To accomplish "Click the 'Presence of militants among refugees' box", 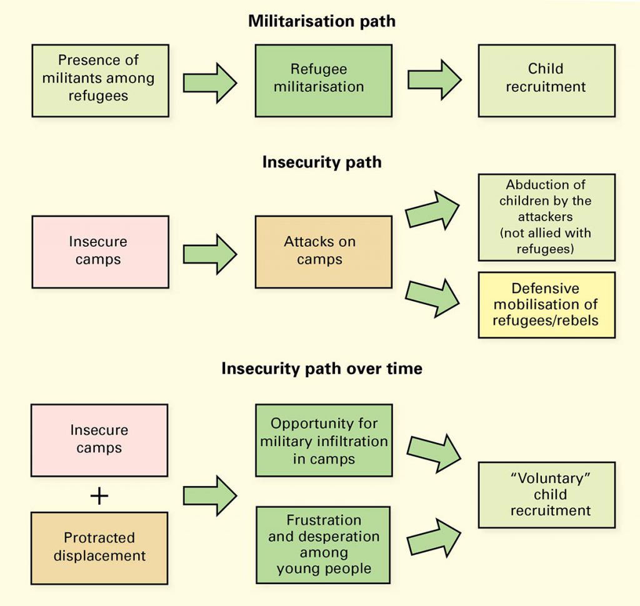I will click(100, 80).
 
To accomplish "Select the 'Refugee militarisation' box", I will click(323, 80).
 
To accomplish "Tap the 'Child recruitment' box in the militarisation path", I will click(546, 80).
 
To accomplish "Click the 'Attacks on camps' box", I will click(323, 251).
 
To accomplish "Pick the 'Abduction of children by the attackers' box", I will click(546, 217).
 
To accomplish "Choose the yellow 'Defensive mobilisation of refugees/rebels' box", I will click(546, 305).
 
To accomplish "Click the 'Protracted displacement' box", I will click(99, 547).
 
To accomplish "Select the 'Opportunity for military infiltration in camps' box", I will click(323, 441).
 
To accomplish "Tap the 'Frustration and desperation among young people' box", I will click(323, 545).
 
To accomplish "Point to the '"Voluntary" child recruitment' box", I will click(546, 494).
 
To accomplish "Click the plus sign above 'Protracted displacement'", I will click(99, 496).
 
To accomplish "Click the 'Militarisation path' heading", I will click(322, 21).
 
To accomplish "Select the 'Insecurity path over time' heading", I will click(322, 369).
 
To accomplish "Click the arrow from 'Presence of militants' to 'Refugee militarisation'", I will click(209, 82).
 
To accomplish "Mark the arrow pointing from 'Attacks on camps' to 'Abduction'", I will click(432, 211).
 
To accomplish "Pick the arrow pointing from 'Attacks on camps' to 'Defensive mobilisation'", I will click(432, 297).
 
